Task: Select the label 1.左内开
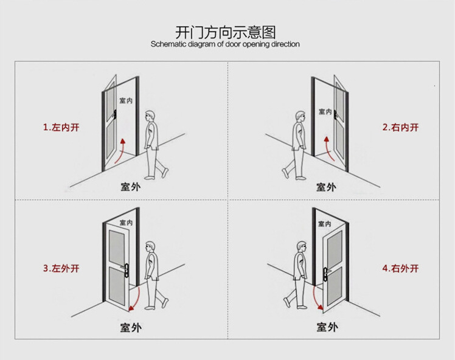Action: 61,128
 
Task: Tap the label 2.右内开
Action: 400,128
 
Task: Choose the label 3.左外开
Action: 61,268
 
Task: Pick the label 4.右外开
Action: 400,268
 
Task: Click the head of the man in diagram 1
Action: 150,116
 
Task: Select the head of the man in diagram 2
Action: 299,116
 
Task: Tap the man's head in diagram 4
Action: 300,246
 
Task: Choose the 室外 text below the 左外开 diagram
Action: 130,327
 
